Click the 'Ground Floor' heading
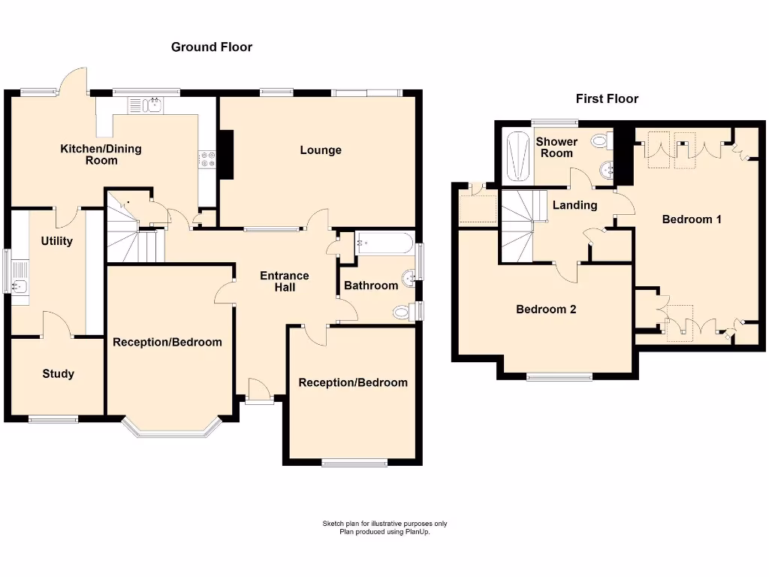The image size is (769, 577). [x=212, y=47]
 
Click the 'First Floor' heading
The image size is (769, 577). [x=607, y=98]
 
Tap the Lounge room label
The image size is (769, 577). [x=321, y=150]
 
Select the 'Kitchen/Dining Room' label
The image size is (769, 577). [x=101, y=155]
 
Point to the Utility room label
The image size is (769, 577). [x=56, y=241]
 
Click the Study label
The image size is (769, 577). [x=58, y=373]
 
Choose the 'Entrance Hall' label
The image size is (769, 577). [x=285, y=281]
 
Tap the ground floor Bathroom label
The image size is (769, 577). [x=371, y=285]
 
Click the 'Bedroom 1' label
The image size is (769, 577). [x=692, y=219]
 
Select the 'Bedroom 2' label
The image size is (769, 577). [x=546, y=309]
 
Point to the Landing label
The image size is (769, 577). [x=574, y=205]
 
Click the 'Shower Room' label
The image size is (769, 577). [x=556, y=147]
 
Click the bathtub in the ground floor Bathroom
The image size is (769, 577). [x=384, y=243]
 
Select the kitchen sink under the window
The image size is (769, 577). [x=154, y=104]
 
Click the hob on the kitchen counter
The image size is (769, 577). [x=207, y=159]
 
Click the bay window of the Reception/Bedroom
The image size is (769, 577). [x=172, y=430]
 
